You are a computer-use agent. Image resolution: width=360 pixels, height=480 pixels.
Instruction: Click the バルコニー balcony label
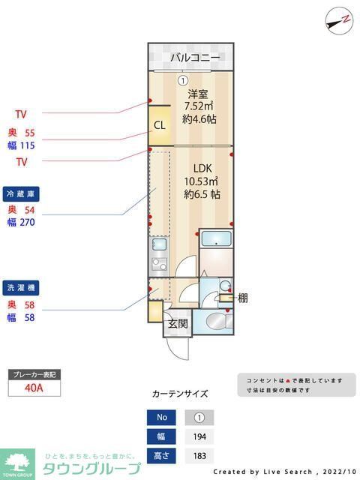pos(195,57)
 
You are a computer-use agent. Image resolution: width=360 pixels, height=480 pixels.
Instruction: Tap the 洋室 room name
pos(198,94)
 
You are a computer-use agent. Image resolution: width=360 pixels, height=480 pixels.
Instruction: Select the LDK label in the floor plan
pos(199,168)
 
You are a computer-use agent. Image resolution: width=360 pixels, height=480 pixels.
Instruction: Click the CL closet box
pos(159,126)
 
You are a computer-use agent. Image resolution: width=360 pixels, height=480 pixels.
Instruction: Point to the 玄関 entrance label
pos(178,324)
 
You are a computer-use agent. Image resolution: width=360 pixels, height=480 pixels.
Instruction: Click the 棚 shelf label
pos(242,298)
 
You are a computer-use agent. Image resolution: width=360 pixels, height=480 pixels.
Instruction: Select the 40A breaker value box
pos(34,388)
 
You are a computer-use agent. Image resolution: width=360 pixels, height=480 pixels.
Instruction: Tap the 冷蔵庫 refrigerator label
pos(21,193)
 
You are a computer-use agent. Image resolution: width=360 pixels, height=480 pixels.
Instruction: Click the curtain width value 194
pos(199,437)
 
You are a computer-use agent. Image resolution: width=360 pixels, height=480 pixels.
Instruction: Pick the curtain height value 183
pos(199,455)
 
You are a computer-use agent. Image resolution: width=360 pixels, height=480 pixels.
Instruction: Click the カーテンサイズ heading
pos(180,393)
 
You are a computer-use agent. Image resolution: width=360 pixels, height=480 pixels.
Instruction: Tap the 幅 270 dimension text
pos(22,222)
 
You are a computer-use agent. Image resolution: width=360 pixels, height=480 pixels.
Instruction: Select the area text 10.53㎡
pos(201,181)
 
